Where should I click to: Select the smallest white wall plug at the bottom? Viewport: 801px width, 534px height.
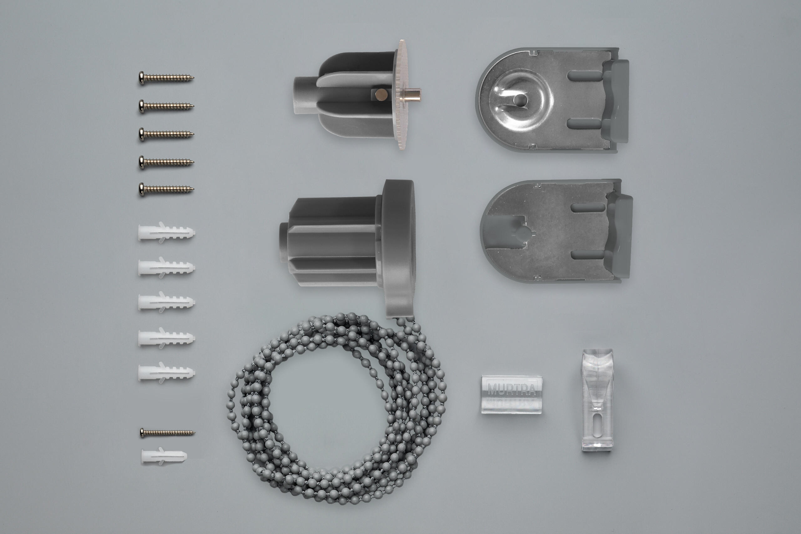(164, 456)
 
